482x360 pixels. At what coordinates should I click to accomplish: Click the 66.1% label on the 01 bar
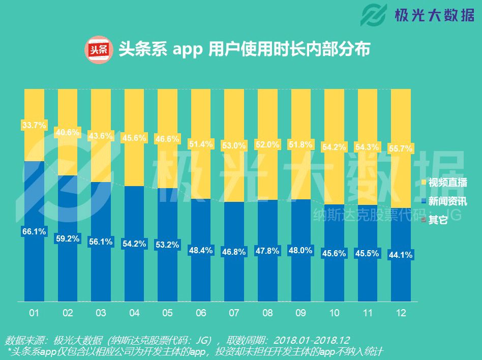34,231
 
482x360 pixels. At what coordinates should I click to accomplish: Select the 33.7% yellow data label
34,125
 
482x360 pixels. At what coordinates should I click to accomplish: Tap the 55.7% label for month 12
401,148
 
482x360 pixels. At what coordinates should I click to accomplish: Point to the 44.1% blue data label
401,255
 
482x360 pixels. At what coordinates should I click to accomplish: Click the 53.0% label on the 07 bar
234,146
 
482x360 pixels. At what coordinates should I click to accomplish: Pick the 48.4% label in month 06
201,250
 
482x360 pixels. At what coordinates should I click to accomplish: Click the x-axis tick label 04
134,313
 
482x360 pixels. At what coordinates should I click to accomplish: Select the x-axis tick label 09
300,313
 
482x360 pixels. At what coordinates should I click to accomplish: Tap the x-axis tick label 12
401,313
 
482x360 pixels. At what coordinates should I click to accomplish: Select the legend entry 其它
437,220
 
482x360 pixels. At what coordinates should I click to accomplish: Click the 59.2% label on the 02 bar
68,238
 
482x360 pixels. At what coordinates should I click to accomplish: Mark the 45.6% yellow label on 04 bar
134,137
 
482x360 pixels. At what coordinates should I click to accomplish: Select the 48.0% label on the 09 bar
300,250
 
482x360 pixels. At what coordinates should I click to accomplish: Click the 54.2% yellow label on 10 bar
334,147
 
